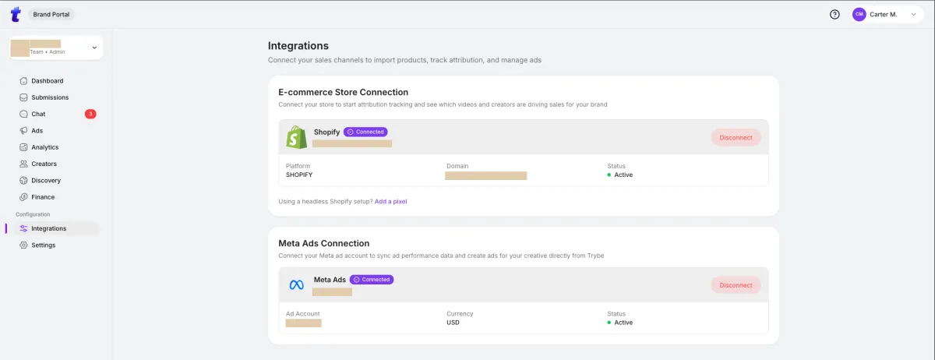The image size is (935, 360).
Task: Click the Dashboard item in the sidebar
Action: coord(47,81)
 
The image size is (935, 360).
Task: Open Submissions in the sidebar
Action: coord(50,97)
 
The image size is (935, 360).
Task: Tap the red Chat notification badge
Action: coord(90,115)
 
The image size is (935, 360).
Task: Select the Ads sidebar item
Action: coord(37,131)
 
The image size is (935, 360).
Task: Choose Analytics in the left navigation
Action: coord(44,147)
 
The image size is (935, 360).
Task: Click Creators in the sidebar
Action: coord(44,164)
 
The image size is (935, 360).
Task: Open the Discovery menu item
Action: coord(45,181)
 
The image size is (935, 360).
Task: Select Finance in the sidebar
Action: coord(43,197)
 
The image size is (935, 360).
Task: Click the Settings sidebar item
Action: coord(43,245)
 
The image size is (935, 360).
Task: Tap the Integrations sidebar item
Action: coord(48,228)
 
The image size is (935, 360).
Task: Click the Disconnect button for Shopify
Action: coord(736,137)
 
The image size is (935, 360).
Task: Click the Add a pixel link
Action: coord(390,202)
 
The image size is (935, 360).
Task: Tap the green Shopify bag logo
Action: coord(296,137)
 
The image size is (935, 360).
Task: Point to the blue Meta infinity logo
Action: coord(296,285)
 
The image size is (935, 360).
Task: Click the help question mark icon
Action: coord(834,14)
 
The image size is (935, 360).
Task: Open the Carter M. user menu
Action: coord(887,14)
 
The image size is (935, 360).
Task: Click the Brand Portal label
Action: coord(53,14)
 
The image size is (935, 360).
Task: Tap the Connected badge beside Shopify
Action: coord(365,132)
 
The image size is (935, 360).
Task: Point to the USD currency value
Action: coord(453,323)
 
